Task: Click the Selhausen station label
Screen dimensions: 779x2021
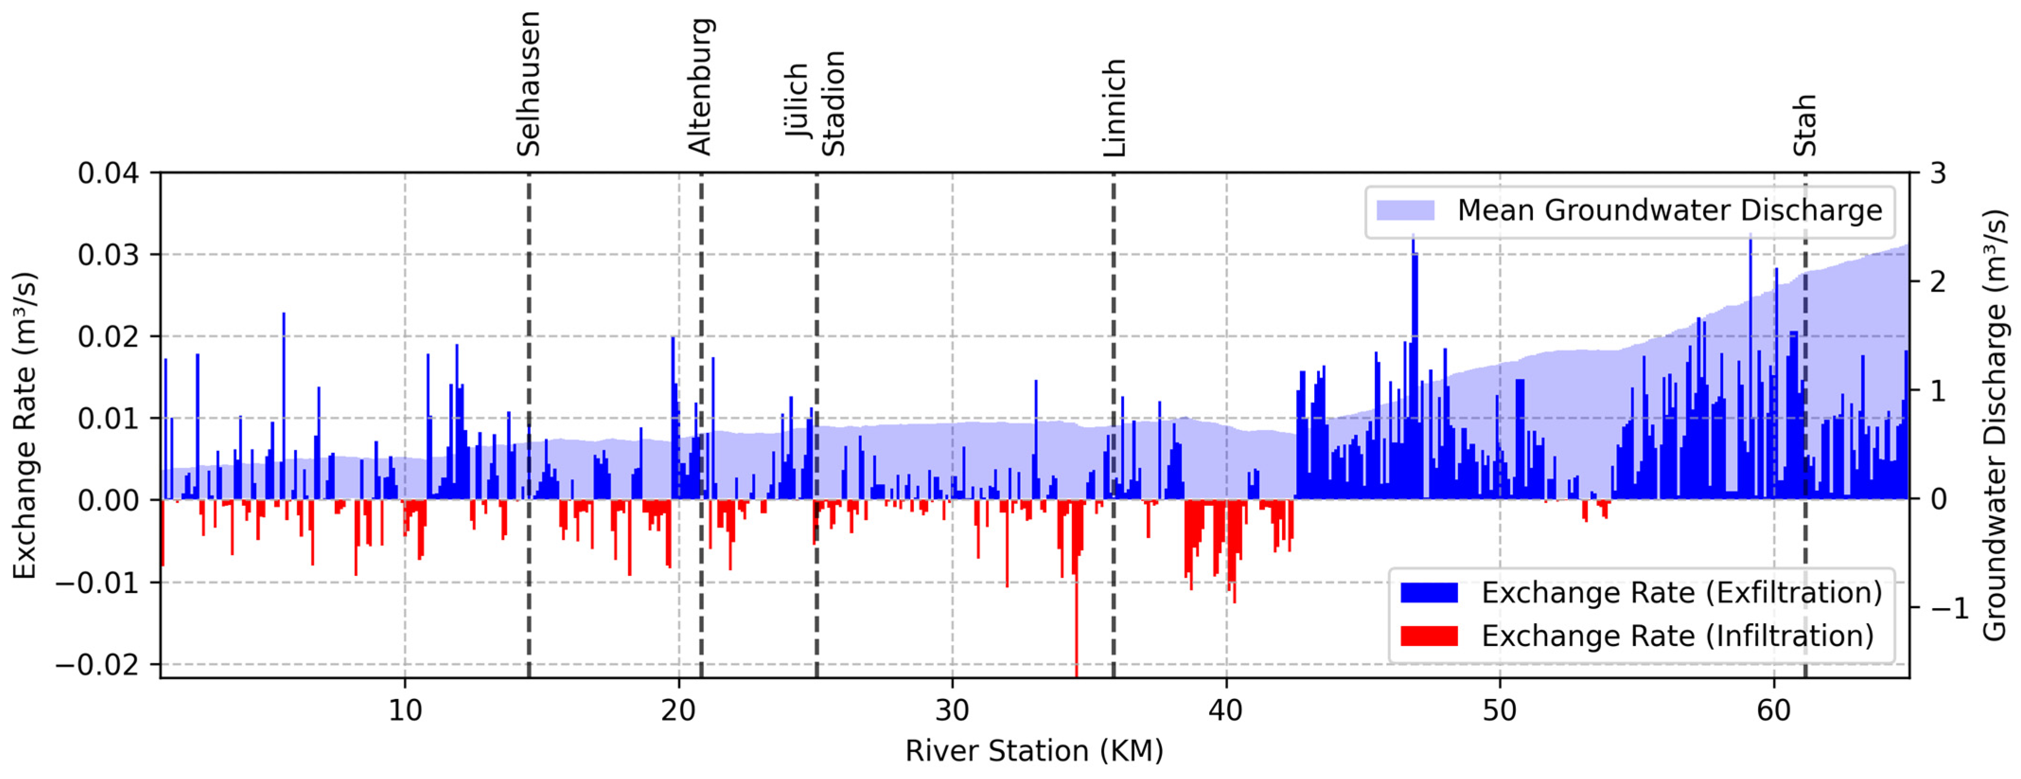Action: click(529, 84)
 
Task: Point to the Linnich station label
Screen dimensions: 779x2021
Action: click(1114, 107)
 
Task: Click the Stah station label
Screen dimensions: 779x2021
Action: click(1804, 125)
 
